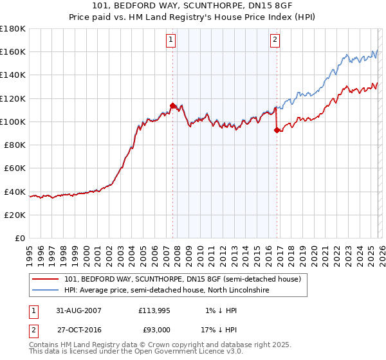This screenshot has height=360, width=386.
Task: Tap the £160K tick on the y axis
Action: tap(13, 51)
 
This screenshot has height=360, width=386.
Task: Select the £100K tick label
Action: tap(13, 122)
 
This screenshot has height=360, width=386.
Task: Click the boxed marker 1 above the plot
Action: tap(171, 40)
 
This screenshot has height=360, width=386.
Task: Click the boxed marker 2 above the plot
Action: tap(275, 40)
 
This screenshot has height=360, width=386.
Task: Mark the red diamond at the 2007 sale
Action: tap(172, 105)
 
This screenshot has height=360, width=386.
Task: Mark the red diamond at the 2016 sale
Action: tap(277, 130)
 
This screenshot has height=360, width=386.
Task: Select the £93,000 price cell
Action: tap(154, 330)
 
